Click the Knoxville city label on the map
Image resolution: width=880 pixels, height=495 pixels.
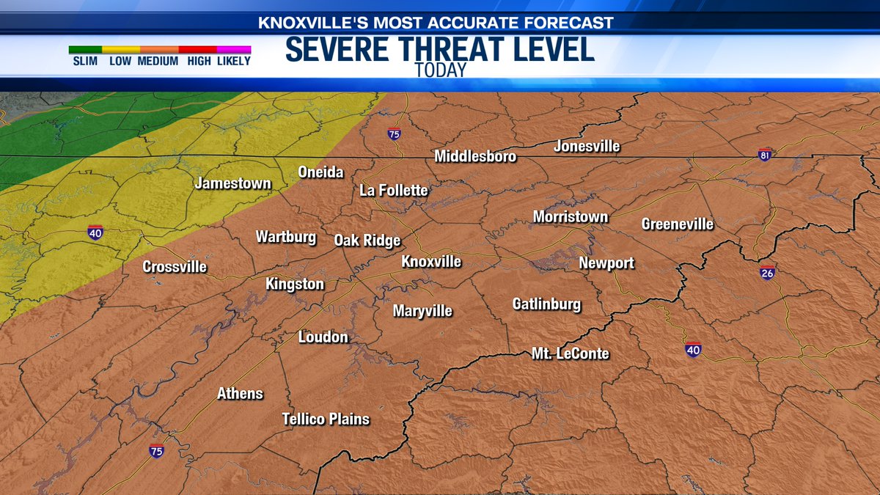coord(431,262)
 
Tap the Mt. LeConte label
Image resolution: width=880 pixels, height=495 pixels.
coord(571,354)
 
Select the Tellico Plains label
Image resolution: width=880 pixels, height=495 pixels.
coord(326,419)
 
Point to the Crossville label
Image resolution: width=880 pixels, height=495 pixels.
coord(175,267)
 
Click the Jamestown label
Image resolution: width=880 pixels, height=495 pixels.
coord(233,183)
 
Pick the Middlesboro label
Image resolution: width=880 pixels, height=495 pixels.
coord(475,156)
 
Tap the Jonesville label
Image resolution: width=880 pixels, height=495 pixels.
coord(587,147)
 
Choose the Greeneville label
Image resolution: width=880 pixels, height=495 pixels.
coord(678,224)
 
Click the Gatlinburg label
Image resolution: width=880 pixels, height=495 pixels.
coord(546,304)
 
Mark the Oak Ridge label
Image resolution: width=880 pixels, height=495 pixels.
coord(367,241)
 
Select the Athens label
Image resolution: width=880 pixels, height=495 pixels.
coord(240,394)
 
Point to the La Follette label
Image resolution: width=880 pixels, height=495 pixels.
coord(394,191)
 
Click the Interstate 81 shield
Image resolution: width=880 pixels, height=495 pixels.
coord(764,155)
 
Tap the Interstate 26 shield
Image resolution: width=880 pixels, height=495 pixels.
coord(768,272)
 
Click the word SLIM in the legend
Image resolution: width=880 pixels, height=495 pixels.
coord(85,62)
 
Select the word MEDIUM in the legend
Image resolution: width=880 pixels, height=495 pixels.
coord(158,62)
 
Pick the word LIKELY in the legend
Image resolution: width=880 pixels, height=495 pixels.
coord(234,62)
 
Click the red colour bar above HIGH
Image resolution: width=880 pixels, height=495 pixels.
coord(198,50)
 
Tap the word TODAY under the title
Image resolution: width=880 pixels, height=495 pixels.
coord(440,70)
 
